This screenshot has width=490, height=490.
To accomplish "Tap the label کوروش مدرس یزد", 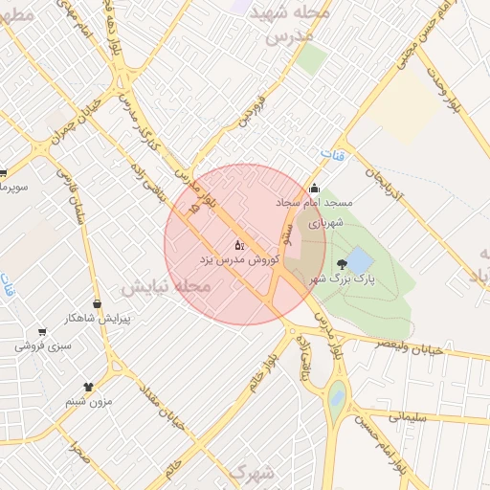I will [230, 259].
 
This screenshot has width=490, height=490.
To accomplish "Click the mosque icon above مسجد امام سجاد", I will [314, 189].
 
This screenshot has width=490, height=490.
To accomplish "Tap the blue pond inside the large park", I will [358, 259].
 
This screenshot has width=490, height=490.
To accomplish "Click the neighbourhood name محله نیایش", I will [164, 286].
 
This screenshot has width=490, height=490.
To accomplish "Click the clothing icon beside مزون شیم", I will [89, 388].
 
